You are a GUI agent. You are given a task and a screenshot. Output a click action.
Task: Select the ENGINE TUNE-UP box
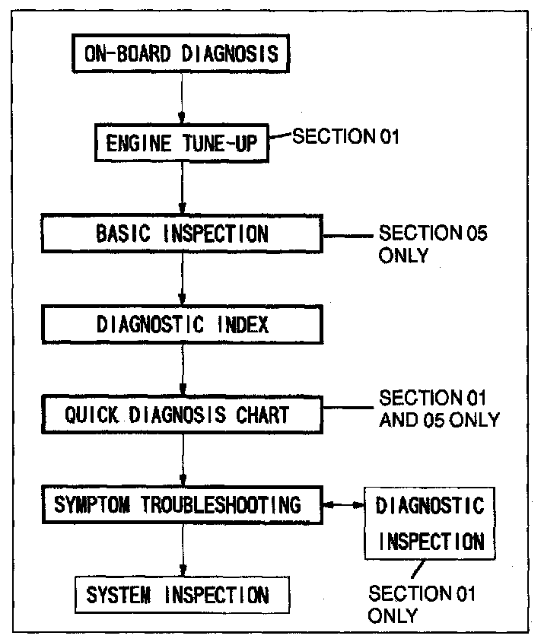[180, 143]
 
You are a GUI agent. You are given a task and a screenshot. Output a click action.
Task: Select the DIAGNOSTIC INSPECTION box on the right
[430, 523]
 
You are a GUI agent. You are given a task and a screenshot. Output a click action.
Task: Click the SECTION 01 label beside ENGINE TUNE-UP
[346, 136]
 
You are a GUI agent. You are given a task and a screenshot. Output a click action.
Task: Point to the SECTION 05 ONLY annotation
[432, 243]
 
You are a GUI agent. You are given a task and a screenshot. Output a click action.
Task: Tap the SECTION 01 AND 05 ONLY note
[439, 408]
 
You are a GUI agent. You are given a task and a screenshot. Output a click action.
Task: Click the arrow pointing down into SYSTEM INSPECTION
[181, 551]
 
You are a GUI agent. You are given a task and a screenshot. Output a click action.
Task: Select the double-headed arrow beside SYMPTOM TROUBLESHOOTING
[343, 505]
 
